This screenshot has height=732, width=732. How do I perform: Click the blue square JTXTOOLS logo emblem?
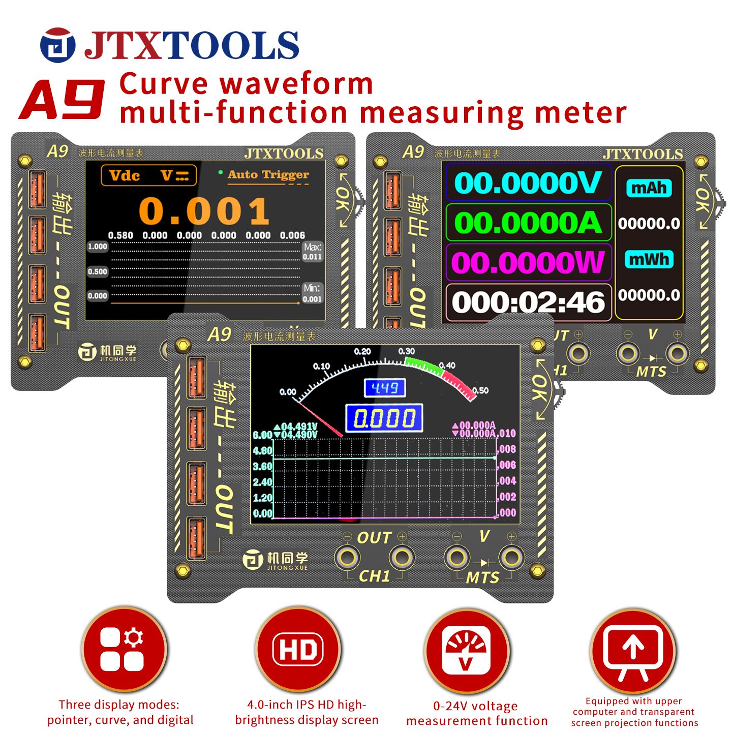click(x=57, y=45)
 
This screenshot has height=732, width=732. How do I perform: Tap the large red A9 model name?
click(x=63, y=100)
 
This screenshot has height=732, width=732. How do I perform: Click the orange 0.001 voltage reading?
click(x=204, y=211)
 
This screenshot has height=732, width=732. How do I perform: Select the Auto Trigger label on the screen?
click(x=267, y=175)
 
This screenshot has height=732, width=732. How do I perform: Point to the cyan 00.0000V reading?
click(x=528, y=183)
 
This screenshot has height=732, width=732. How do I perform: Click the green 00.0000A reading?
click(x=528, y=223)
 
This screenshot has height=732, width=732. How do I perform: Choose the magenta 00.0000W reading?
click(x=528, y=262)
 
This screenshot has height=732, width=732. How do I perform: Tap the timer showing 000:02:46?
click(x=528, y=302)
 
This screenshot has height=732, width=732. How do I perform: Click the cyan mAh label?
click(x=649, y=188)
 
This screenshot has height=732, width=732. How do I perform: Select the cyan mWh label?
click(x=649, y=259)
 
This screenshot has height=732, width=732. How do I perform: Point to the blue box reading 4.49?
click(x=385, y=388)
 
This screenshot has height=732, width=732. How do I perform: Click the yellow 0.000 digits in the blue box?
click(x=384, y=418)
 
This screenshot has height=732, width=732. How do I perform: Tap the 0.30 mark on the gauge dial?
click(x=406, y=351)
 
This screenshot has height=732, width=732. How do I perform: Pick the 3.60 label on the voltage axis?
click(x=263, y=466)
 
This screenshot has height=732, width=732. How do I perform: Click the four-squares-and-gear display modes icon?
click(x=124, y=649)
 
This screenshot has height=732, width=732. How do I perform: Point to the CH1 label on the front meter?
click(x=374, y=576)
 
